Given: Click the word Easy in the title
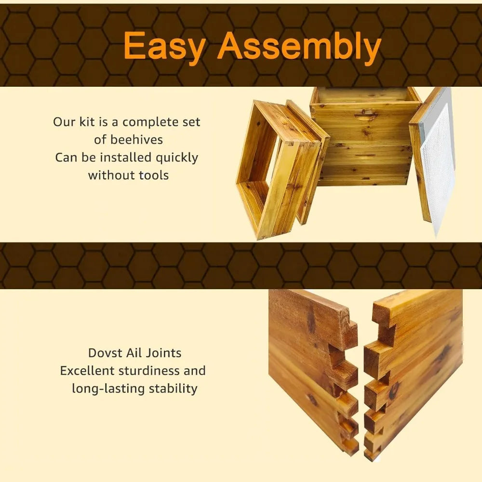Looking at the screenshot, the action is coord(164,46).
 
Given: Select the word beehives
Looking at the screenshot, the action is coord(136,140).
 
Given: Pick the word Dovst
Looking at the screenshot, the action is coord(105,353).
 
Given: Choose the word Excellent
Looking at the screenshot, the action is coord(87,371).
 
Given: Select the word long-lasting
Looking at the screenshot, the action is coord(108,389).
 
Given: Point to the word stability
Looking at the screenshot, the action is coord(173,389).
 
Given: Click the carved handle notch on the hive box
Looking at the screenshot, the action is coord(365,116).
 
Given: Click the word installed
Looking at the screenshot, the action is coord(126,158).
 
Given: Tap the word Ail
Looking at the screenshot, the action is coord(134,353).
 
